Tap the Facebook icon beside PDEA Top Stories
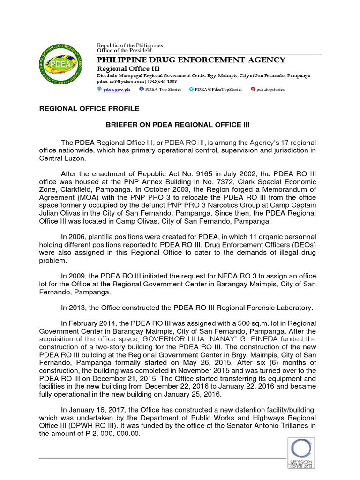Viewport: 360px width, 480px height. [x=142, y=89]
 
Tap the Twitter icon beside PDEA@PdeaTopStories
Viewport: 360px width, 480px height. [x=191, y=89]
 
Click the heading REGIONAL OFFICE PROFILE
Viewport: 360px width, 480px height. [x=89, y=109]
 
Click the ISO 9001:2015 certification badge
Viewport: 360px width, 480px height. [x=301, y=453]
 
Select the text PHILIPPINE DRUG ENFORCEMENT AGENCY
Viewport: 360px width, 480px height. [x=191, y=60]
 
